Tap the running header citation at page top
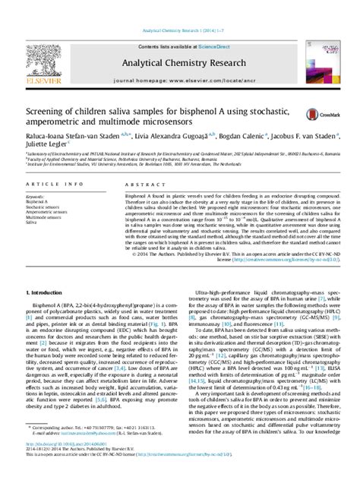pos(179,8)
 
